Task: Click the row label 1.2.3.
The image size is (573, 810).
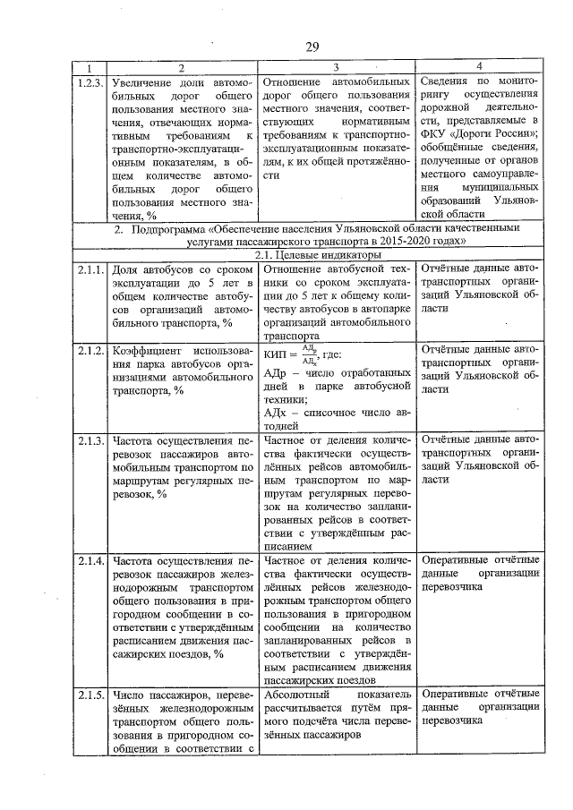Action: [x=90, y=81]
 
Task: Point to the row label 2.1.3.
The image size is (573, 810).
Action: [x=90, y=440]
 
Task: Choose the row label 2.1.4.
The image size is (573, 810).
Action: [x=90, y=561]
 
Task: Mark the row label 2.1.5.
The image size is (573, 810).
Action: [x=90, y=695]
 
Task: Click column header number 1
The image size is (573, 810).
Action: [x=90, y=67]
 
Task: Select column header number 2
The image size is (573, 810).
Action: [x=181, y=67]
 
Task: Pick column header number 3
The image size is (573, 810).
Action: [x=336, y=67]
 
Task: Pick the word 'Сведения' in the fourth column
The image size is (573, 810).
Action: [x=445, y=81]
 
